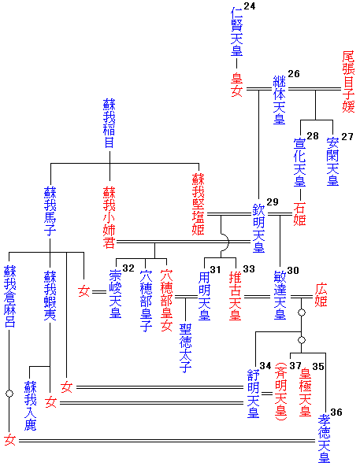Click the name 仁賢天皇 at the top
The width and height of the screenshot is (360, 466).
coord(236,33)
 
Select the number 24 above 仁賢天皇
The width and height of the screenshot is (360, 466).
coord(250,8)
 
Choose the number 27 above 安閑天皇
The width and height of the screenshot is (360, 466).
coord(347,137)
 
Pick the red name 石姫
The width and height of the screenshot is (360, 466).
coord(299,209)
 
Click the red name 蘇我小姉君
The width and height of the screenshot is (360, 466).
coord(109,217)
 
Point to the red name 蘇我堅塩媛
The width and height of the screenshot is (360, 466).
coord(198,205)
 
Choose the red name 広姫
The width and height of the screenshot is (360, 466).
coord(321,294)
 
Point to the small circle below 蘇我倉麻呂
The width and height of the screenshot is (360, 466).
coord(9,391)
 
